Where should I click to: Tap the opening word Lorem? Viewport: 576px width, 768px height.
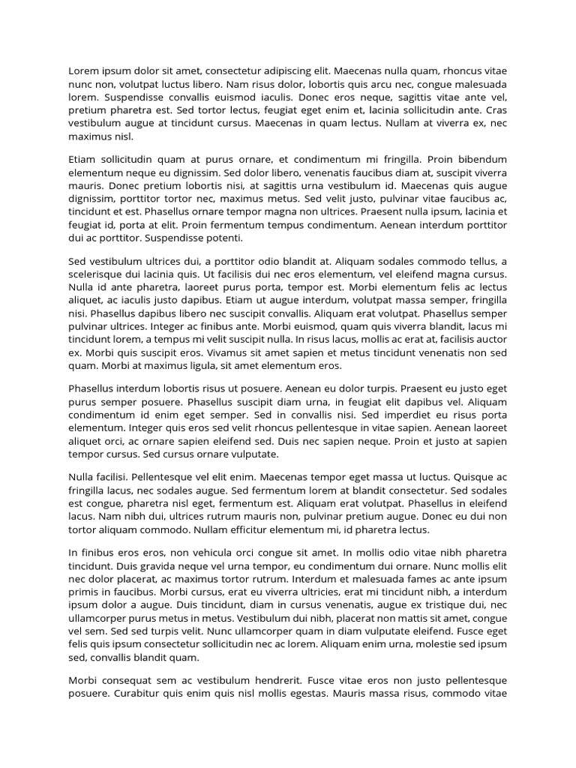coord(84,71)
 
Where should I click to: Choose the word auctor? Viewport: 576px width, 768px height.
coord(491,340)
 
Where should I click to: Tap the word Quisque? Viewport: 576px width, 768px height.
coord(474,476)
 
